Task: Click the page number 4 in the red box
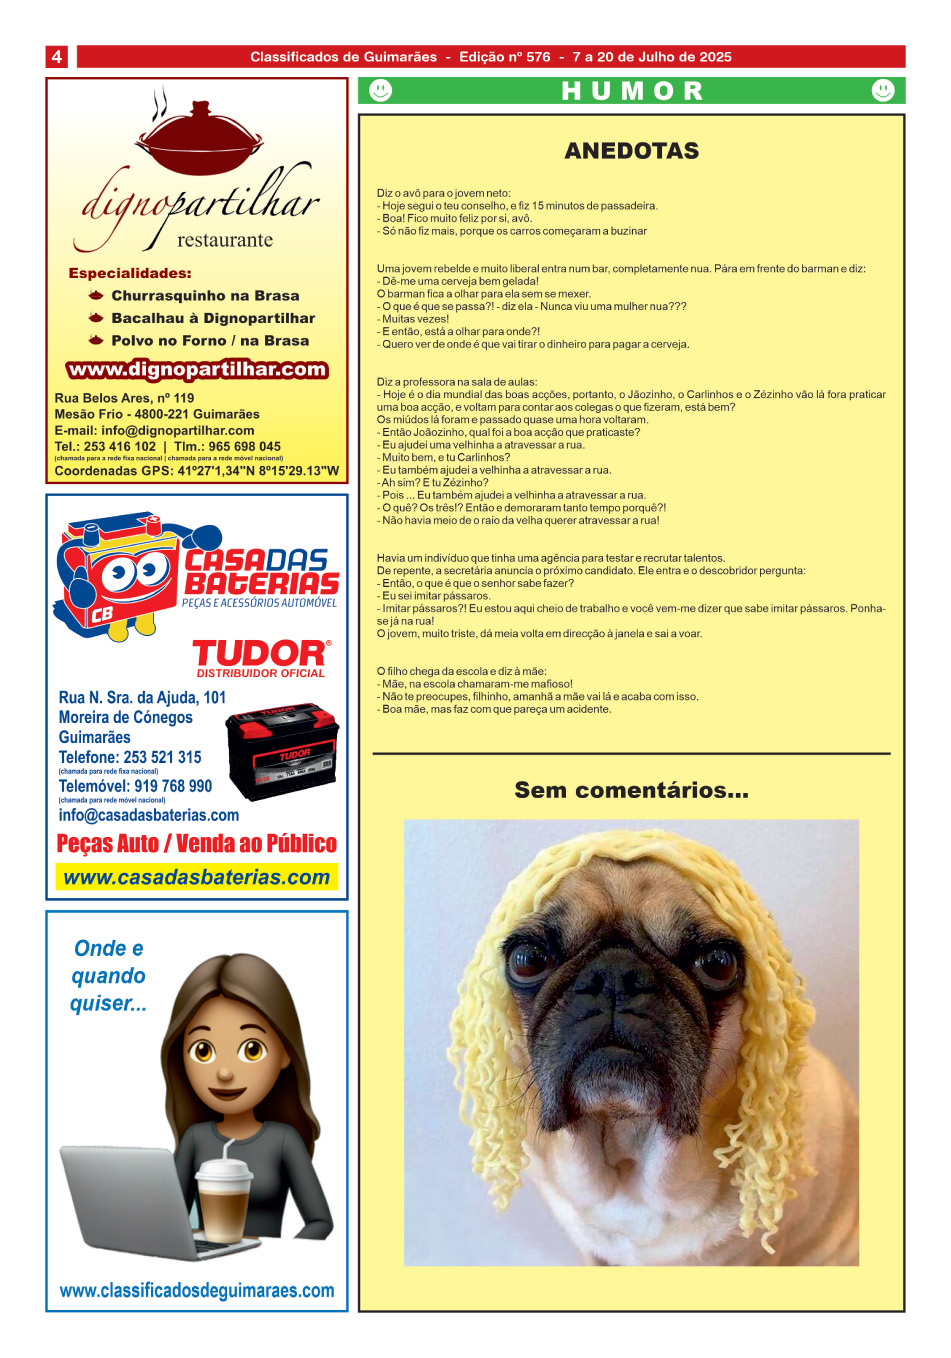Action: [x=57, y=57]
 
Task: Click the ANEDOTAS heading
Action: [x=631, y=151]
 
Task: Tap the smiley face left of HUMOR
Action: [x=381, y=91]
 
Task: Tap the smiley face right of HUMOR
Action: [x=882, y=91]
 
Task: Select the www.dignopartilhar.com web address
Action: [x=197, y=369]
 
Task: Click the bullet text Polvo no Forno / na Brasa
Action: [x=210, y=341]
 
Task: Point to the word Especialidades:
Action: [x=130, y=273]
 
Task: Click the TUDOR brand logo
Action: [x=260, y=654]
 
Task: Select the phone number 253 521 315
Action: [x=162, y=757]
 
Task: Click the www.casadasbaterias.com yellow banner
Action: [x=196, y=878]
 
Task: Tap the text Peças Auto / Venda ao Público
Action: [x=196, y=844]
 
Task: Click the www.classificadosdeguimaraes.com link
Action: [x=197, y=1291]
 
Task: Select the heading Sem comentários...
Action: [x=631, y=790]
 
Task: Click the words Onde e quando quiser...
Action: [x=108, y=976]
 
